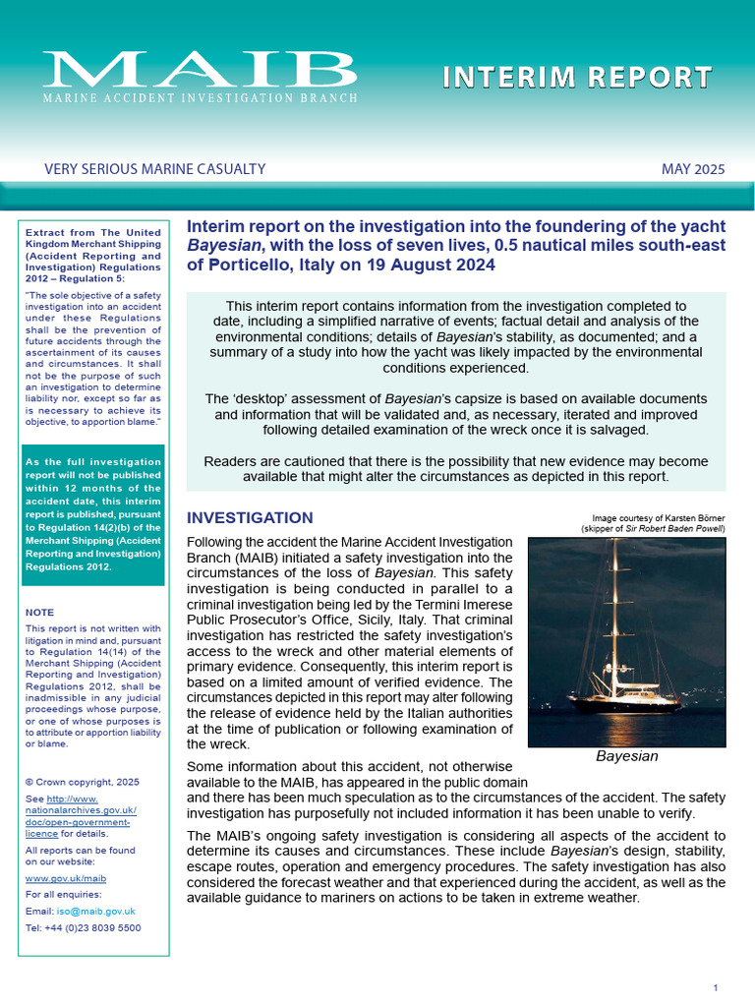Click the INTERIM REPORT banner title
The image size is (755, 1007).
577,78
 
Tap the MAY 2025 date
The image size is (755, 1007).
693,169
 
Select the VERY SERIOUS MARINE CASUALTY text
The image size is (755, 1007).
155,169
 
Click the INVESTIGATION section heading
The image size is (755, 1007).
250,518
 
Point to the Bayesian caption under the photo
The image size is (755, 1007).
626,757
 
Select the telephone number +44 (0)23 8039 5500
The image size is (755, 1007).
93,927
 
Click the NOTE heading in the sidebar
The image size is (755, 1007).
40,612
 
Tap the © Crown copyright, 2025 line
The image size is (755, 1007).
83,782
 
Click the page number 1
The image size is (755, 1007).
716,987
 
